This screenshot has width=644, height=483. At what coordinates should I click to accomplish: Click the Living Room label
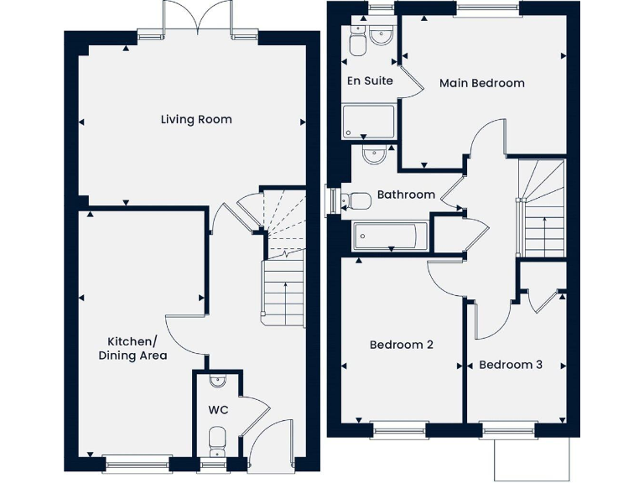196,120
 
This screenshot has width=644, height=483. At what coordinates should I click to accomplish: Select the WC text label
217,411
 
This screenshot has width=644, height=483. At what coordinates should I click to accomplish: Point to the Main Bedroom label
482,83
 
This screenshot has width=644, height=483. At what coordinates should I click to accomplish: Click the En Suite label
370,81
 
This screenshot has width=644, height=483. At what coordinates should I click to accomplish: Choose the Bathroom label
406,195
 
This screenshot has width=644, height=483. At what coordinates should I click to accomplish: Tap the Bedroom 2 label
401,345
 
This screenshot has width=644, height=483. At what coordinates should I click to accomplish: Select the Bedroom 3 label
511,365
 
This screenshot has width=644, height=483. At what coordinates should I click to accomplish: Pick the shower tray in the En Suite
367,122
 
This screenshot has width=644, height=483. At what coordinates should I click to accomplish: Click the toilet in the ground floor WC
216,438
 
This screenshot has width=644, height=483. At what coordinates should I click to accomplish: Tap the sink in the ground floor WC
217,381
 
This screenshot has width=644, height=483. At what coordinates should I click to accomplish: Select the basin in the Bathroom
374,153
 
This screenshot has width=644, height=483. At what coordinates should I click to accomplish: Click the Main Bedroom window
486,10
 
